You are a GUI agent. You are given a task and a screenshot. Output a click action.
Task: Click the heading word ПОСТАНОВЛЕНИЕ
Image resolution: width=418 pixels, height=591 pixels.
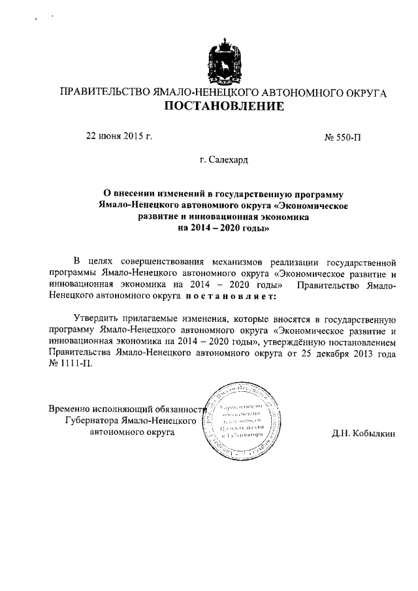223,106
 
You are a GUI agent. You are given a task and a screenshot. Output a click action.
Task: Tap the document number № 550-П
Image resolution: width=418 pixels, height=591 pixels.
342,138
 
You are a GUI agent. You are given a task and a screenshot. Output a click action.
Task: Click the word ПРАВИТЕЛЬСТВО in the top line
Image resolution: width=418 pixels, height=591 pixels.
105,92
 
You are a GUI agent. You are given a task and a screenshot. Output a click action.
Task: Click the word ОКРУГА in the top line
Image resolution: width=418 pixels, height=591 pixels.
363,92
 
